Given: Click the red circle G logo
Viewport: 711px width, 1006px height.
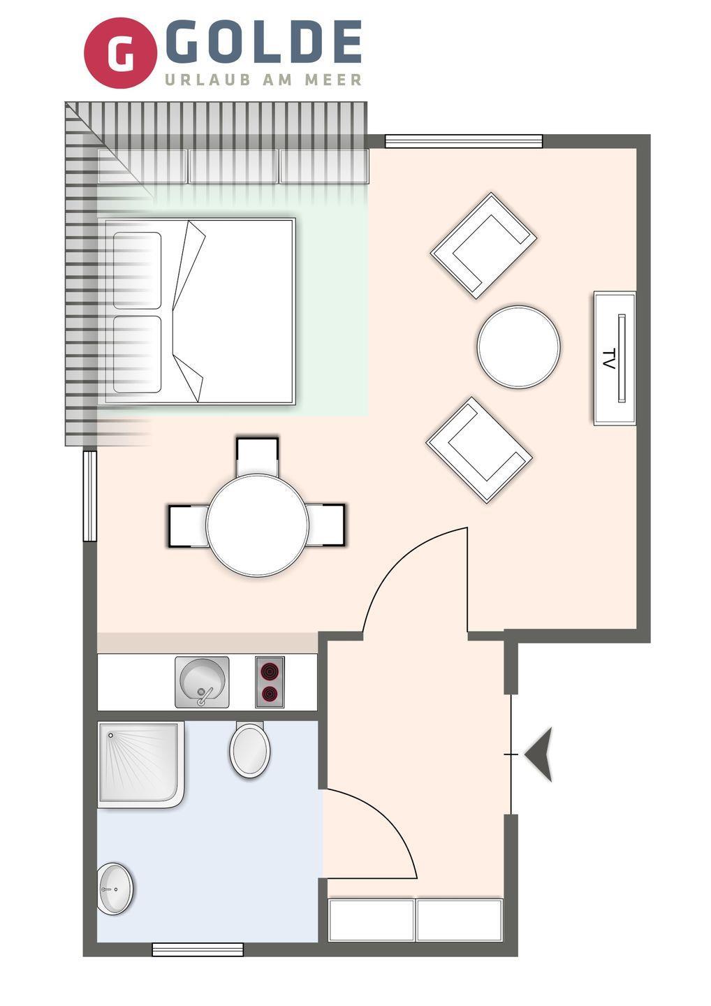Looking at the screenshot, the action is pos(120,53).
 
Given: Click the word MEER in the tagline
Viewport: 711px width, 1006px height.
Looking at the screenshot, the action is pos(333,80).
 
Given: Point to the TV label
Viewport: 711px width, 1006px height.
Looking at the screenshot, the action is pos(608,359).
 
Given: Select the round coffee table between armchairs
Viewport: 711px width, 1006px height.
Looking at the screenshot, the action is pos(518,347).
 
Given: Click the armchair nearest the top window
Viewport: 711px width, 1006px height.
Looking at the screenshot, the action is pos(483,245).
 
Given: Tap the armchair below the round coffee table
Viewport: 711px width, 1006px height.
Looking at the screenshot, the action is pos(479,450).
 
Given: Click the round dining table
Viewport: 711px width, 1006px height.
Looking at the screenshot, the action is pos(258,525).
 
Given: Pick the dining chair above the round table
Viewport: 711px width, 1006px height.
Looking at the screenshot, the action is pos(257,456).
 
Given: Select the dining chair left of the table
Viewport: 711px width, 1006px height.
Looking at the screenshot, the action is pos(189,526).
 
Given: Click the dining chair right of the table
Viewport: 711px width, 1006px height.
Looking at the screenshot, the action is pos(326,525).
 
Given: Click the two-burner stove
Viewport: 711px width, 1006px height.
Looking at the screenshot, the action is pos(270,682).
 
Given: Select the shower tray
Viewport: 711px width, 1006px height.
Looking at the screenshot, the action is pos(141,764).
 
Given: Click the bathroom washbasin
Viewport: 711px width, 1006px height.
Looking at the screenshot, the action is pos(115,889).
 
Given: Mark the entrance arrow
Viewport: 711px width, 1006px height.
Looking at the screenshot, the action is pos(538,754).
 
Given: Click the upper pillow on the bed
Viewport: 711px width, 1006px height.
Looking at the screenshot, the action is pos(138,270).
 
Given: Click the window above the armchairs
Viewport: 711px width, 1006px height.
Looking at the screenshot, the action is pos(464,141).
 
